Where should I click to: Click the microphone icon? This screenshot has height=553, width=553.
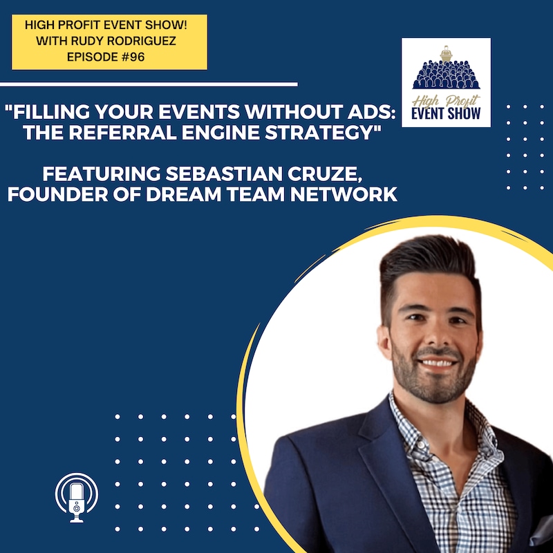pyautogui.click(x=77, y=498)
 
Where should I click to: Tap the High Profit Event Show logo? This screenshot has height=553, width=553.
pyautogui.click(x=446, y=82)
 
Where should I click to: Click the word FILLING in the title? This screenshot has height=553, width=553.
pyautogui.click(x=48, y=112)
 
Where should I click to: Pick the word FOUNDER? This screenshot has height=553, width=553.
pyautogui.click(x=58, y=194)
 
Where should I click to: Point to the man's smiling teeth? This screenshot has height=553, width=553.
pyautogui.click(x=438, y=363)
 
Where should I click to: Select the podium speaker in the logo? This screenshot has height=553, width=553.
pyautogui.click(x=446, y=54)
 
